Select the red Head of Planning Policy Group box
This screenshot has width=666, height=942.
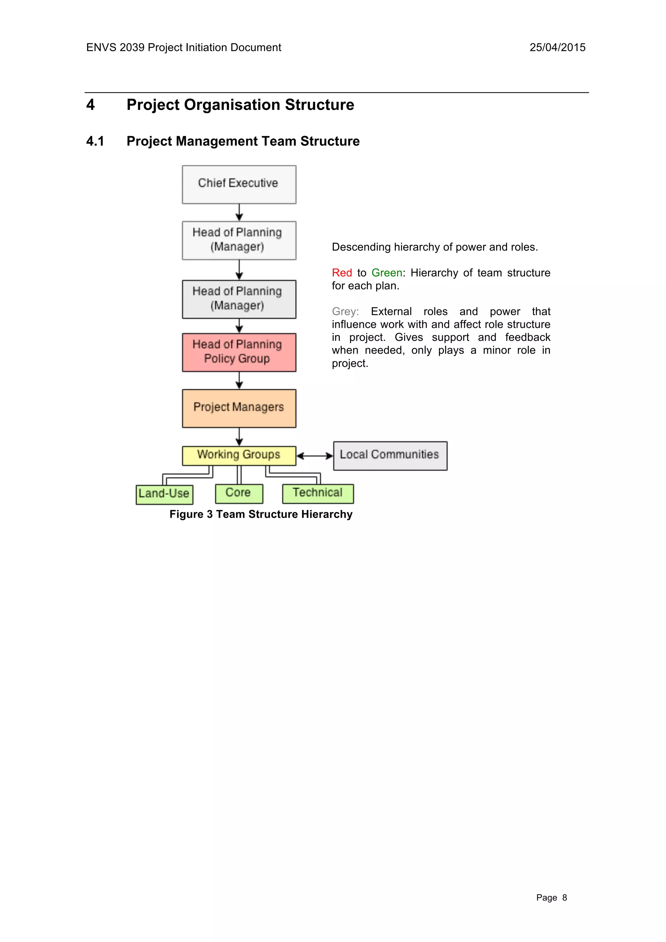click(x=239, y=352)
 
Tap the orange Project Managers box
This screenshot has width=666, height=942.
click(x=239, y=408)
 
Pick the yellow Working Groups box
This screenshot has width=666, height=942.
click(x=239, y=455)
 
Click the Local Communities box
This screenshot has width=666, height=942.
click(x=390, y=455)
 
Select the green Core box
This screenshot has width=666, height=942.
click(x=239, y=493)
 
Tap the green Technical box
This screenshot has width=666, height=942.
click(x=318, y=493)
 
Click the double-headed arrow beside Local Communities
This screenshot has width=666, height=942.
click(x=314, y=455)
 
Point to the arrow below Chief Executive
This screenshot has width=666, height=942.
click(x=239, y=212)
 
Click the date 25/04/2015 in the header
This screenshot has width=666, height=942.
click(x=557, y=47)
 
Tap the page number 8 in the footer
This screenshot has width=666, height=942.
click(x=565, y=897)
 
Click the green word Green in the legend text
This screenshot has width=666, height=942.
click(x=387, y=273)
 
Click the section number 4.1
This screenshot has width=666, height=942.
click(x=95, y=141)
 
